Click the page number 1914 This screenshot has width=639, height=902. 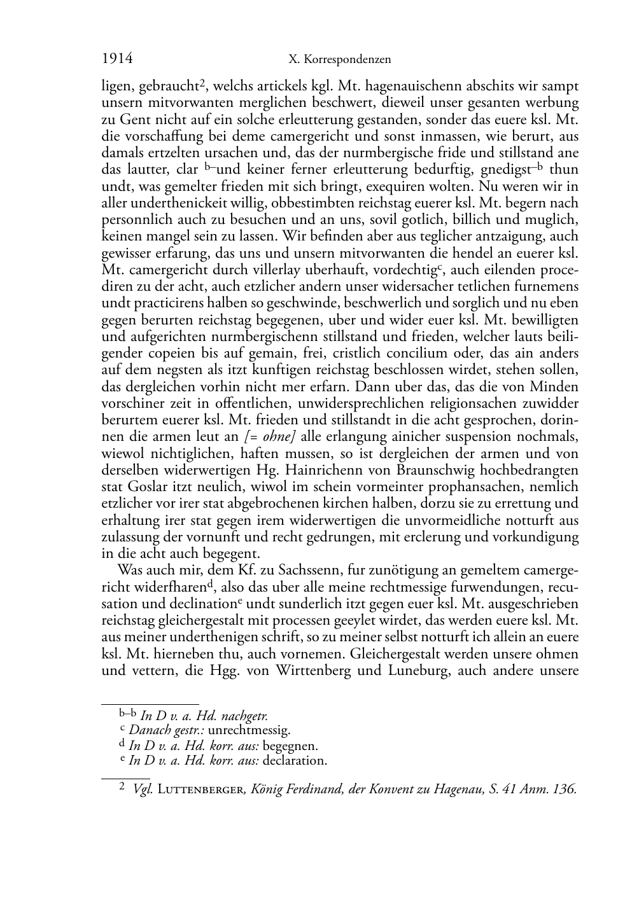tap(117, 59)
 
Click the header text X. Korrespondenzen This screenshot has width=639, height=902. tap(339, 60)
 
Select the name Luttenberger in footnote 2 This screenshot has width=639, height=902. tap(201, 789)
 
